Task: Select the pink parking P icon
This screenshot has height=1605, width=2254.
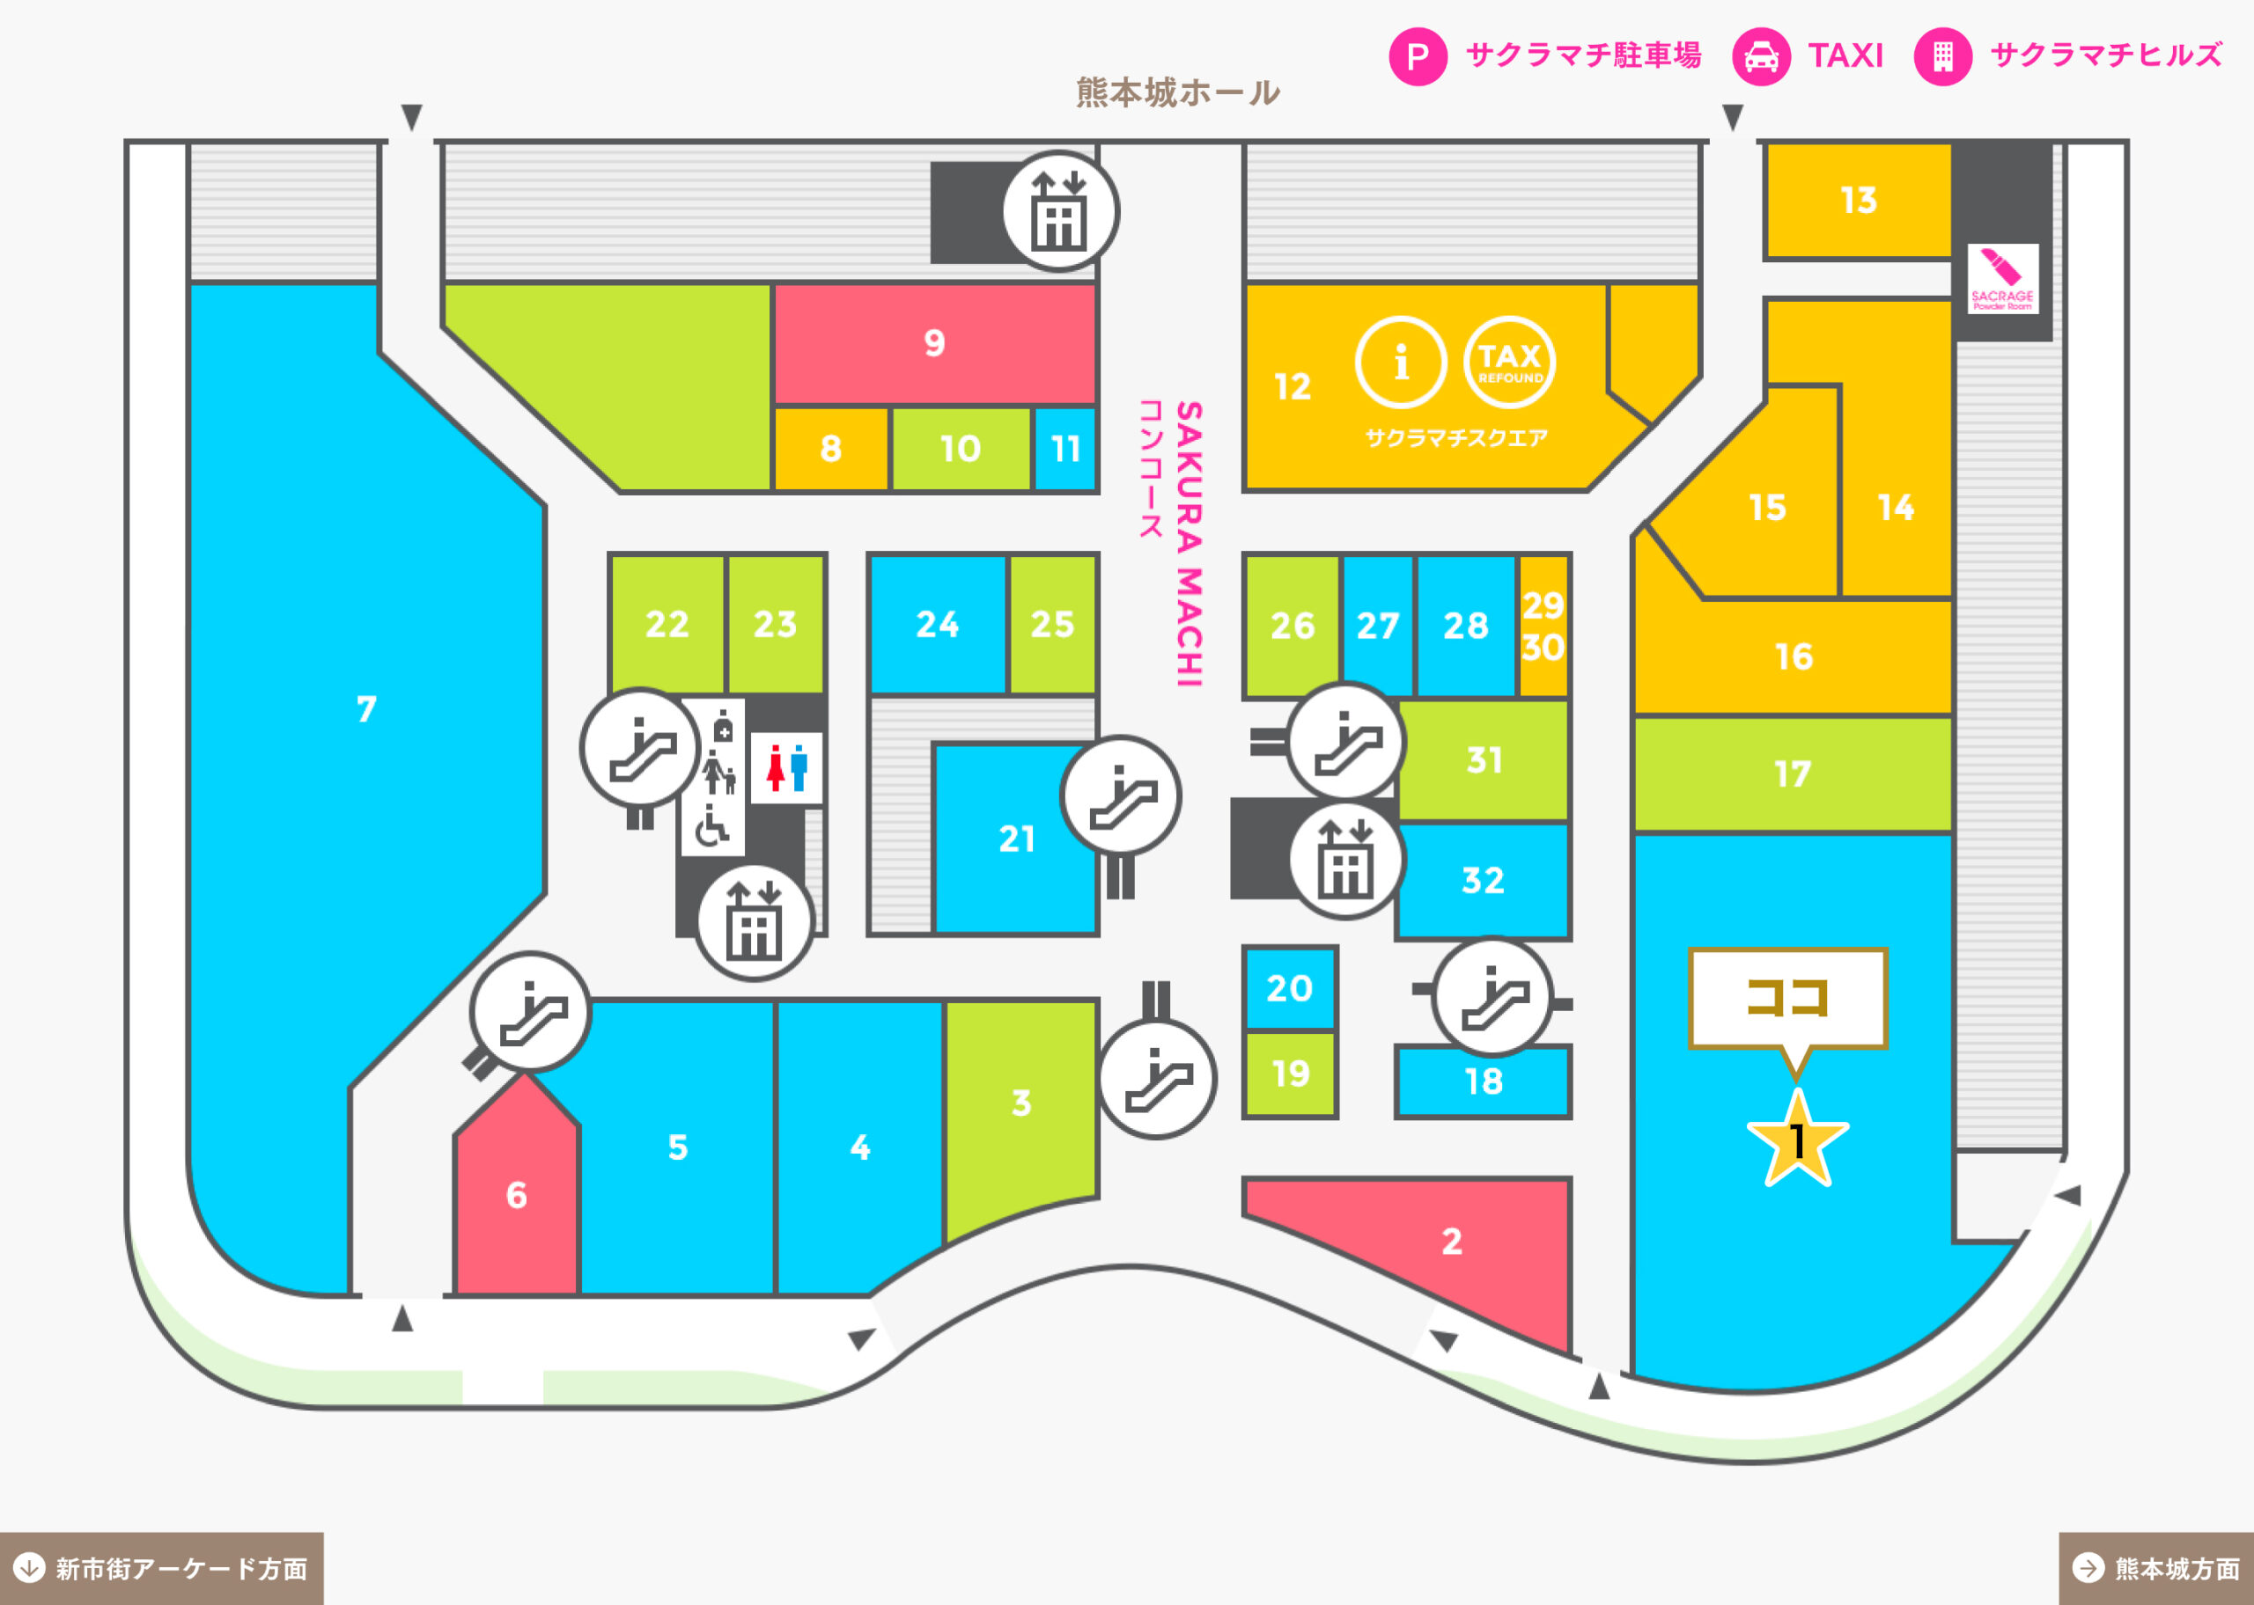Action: tap(1418, 56)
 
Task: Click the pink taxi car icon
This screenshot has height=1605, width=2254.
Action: tap(1761, 56)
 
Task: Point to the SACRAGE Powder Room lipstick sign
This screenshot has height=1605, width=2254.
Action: tap(2003, 279)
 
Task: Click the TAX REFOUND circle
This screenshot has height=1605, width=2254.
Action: tap(1510, 363)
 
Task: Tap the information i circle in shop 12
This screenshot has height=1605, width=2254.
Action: tap(1401, 363)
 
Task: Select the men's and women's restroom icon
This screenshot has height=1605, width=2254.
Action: tap(787, 768)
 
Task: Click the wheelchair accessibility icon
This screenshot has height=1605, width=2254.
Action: tap(711, 827)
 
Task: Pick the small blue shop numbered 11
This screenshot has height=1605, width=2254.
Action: tap(1064, 449)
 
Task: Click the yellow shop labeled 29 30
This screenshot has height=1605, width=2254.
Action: tap(1543, 626)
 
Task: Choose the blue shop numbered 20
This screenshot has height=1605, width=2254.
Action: tap(1289, 988)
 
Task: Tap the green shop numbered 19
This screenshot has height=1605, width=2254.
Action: tap(1289, 1074)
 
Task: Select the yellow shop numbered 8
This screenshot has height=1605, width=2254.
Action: tap(830, 449)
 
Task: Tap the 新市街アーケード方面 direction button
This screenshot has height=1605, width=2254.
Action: tap(161, 1568)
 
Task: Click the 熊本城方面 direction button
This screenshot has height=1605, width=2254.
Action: tap(2156, 1568)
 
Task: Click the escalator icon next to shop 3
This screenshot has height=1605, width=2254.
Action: tap(1157, 1079)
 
